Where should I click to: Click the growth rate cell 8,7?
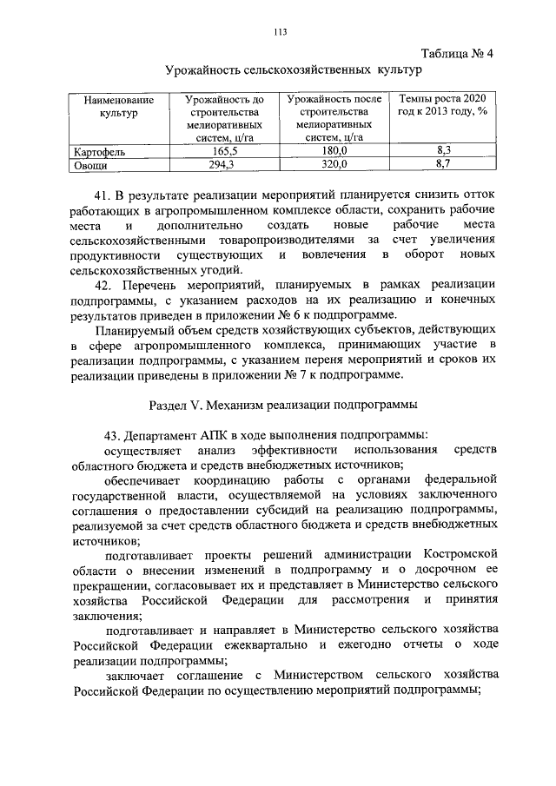[443, 164]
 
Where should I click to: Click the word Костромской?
[459, 553]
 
